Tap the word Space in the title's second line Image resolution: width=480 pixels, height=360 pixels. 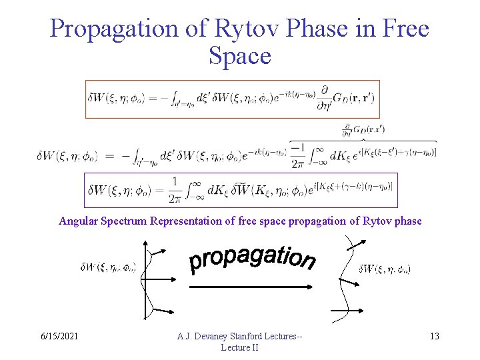239,55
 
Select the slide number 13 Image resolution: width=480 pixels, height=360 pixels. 434,336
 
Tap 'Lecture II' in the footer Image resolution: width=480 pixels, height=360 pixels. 239,347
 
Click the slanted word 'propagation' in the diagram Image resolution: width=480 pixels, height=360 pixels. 252,256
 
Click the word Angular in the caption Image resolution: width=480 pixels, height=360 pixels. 79,221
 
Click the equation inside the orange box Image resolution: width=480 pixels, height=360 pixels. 232,99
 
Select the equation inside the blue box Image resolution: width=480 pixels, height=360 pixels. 240,190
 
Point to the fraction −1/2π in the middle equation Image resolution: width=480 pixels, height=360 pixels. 298,155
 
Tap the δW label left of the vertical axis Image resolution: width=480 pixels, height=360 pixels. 108,269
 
